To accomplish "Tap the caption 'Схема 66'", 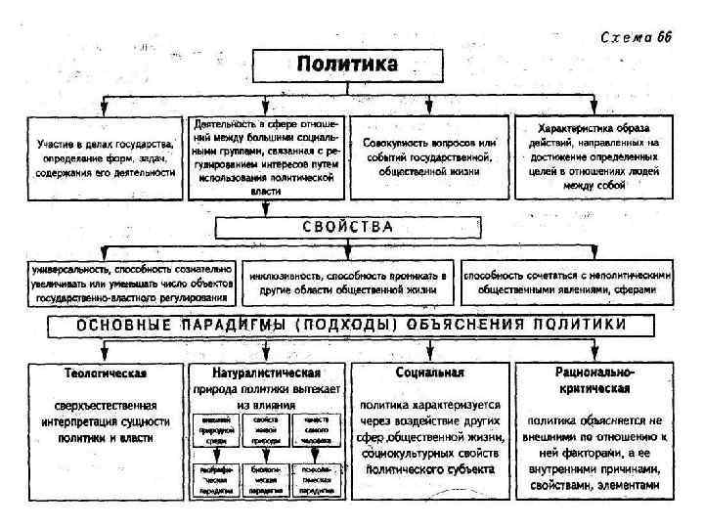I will [x=634, y=36].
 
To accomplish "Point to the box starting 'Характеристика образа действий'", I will [x=594, y=156].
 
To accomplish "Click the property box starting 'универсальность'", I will [x=131, y=281].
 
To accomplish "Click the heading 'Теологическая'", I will [x=106, y=374].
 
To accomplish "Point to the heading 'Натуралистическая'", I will [x=266, y=374].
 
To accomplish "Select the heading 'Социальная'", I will [x=430, y=374].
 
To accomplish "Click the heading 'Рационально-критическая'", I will [x=594, y=380].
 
